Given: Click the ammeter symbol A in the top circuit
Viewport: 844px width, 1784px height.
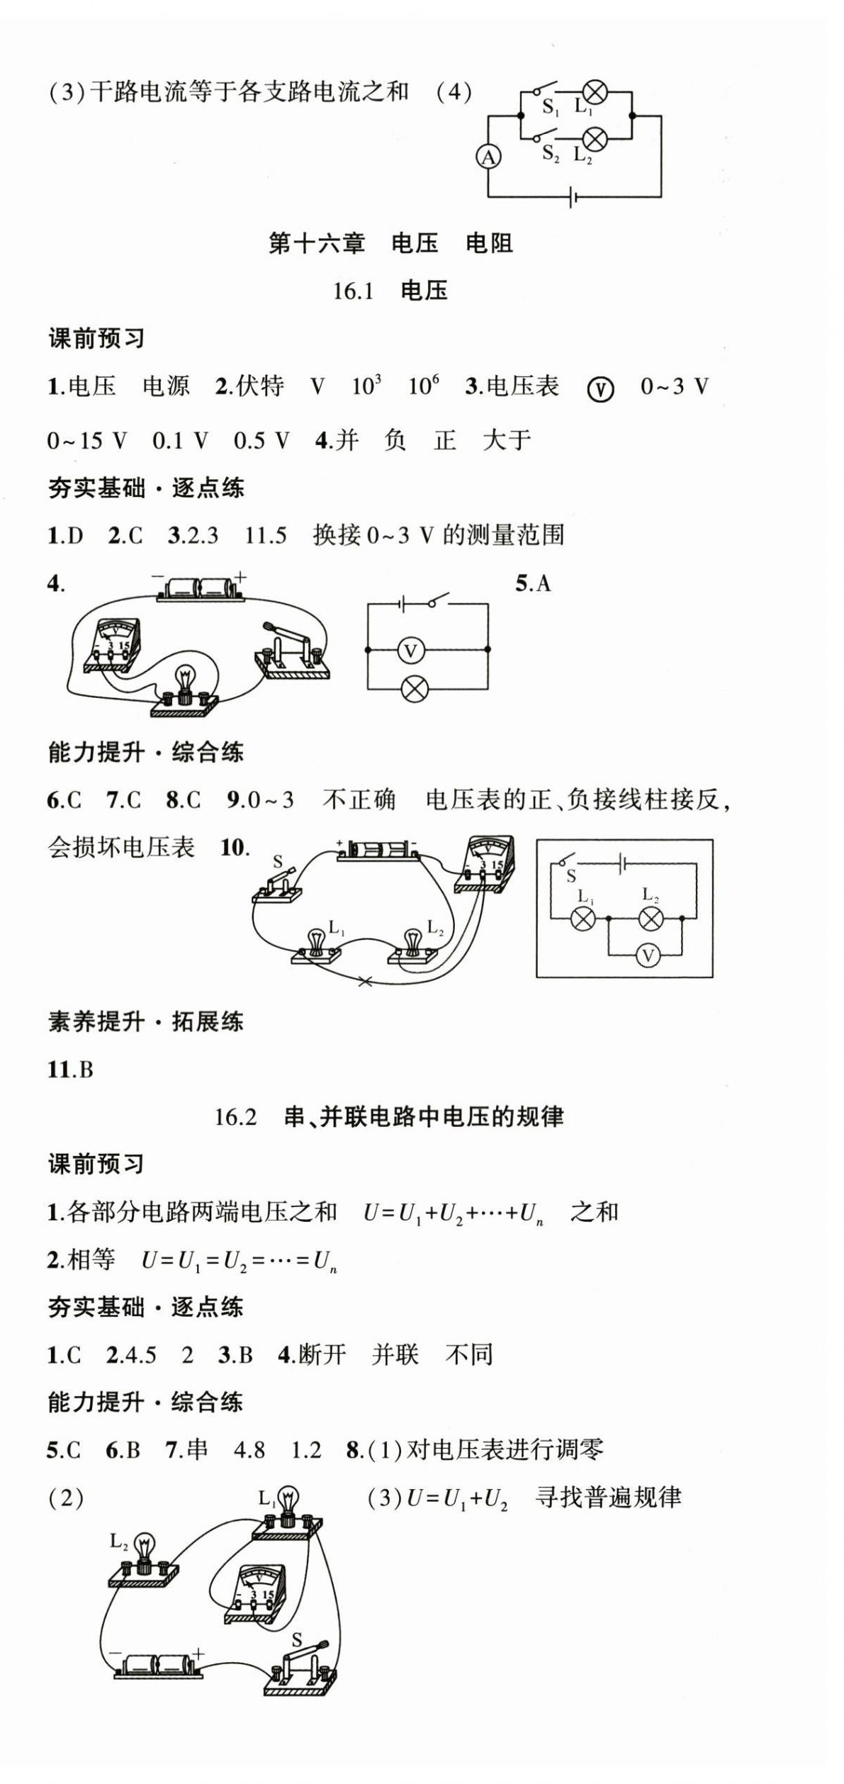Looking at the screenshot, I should pos(488,157).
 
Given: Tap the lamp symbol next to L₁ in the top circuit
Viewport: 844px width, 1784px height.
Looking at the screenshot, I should pos(595,92).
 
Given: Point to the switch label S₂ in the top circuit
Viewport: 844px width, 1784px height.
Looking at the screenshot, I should pos(551,153).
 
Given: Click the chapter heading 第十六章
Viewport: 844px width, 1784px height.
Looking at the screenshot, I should pos(317,243).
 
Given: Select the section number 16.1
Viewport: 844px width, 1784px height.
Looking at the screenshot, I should pos(353,291).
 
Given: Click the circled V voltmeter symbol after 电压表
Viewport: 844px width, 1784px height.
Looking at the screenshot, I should pos(601,388).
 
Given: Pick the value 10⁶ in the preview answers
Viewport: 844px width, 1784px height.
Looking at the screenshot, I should pos(423,386).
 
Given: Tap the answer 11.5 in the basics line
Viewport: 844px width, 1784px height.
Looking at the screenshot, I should pos(266,535).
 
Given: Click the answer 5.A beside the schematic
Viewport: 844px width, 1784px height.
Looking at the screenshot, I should pos(533,583).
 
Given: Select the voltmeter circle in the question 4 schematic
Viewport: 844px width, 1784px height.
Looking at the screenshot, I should pos(410,650).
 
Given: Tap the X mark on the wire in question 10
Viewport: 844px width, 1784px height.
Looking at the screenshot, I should pos(366,982).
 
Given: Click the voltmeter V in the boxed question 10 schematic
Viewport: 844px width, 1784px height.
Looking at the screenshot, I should pos(647,956).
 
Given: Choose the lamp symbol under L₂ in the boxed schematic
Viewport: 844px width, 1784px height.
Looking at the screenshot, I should pos(651,919).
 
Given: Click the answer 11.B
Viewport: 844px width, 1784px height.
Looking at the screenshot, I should pos(70,1070).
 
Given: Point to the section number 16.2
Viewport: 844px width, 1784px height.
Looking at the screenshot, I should pos(235,1117).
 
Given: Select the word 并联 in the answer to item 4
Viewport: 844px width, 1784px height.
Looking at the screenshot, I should pos(395,1354).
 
